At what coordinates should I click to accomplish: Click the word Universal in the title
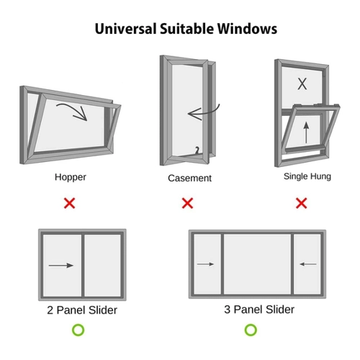[126, 29]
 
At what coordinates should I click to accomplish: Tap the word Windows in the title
[247, 29]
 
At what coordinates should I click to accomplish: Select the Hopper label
[71, 177]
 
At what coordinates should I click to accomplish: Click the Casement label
[189, 179]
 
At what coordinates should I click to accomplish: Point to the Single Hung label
[307, 176]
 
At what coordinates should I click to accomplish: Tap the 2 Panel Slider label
[82, 310]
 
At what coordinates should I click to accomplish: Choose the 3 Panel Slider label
[259, 310]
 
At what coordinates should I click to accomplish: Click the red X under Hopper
[70, 203]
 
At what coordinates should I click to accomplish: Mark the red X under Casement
[187, 203]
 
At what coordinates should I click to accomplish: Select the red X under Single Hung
[302, 203]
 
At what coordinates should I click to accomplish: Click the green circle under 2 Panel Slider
[78, 330]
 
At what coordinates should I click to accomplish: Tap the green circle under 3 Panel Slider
[251, 330]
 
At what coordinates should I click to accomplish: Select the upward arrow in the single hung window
[306, 132]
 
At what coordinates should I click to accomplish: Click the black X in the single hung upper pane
[302, 84]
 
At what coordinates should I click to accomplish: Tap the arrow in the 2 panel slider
[61, 266]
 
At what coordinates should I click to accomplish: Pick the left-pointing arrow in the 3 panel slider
[308, 264]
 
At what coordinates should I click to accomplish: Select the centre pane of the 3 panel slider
[257, 264]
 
